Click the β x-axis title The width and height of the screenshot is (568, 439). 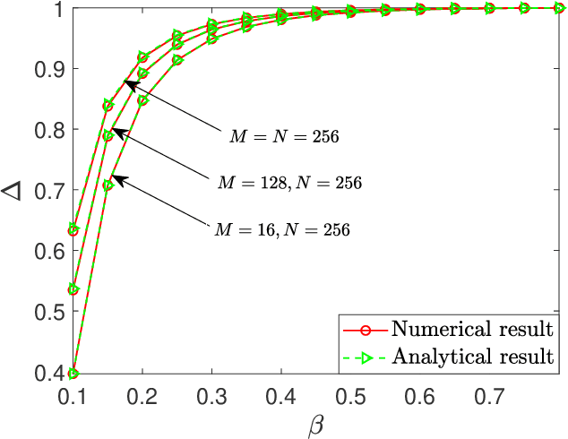[315, 422]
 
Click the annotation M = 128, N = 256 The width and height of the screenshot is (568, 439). [288, 183]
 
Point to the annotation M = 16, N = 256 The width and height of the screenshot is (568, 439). [281, 229]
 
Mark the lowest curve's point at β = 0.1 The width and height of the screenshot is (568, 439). [73, 373]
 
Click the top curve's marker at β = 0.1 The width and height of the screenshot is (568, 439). [73, 230]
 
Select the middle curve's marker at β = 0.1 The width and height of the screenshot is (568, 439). [73, 289]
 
